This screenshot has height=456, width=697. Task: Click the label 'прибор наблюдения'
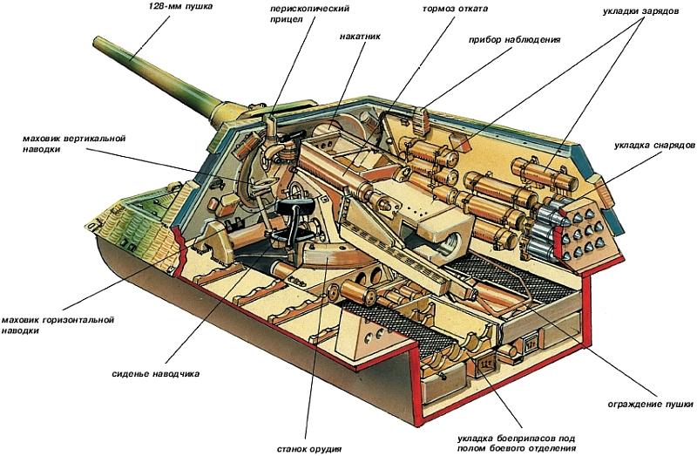514,39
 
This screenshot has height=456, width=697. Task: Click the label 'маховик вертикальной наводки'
76,144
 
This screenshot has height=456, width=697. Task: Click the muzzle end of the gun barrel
97,41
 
